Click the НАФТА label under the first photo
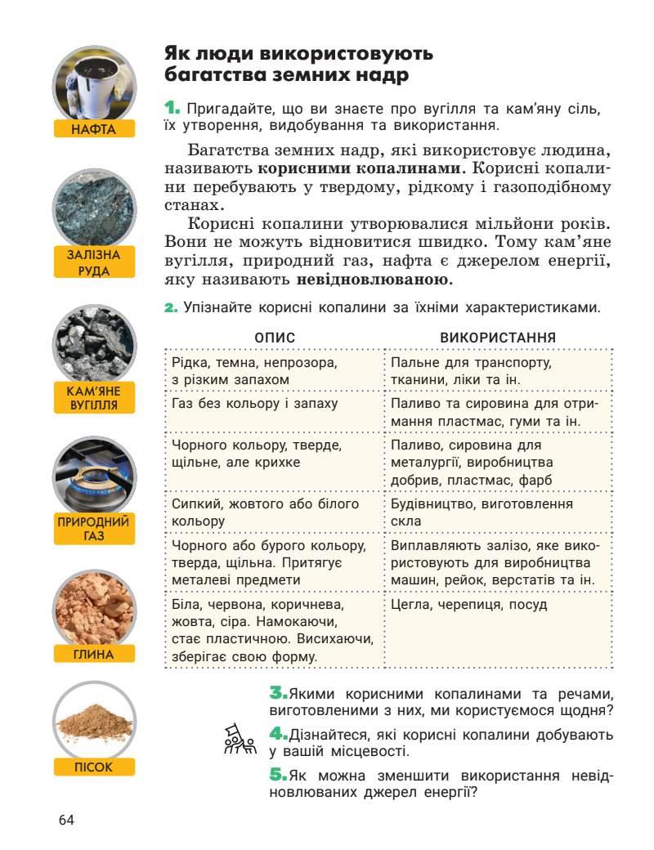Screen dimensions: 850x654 point(93,128)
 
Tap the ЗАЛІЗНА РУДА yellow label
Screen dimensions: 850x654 point(93,262)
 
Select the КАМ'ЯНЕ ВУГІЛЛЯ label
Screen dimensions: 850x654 point(93,397)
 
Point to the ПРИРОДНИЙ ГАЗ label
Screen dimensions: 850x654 point(93,529)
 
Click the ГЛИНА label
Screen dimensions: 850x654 point(93,654)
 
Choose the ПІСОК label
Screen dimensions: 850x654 point(93,767)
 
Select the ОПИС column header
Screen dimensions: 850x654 point(274,338)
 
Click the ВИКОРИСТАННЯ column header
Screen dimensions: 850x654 point(498,338)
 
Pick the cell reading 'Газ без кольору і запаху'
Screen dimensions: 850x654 point(255,404)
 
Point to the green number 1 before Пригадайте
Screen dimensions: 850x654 point(172,108)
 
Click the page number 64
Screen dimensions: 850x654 point(66,819)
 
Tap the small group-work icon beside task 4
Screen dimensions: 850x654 point(240,740)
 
